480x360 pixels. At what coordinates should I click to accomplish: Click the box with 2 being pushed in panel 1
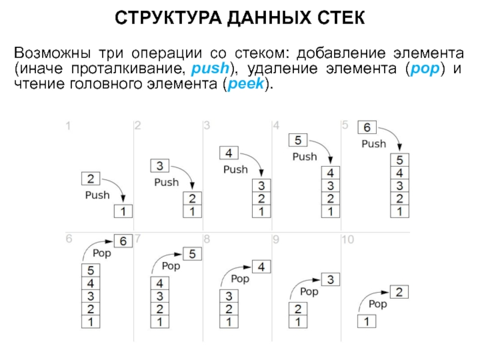point(90,178)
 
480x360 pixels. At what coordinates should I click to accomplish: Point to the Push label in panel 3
point(235,169)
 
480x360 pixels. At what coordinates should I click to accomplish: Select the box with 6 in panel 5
point(367,127)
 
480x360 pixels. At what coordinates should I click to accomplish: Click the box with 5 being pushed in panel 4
point(299,140)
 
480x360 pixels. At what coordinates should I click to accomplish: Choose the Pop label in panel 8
point(240,279)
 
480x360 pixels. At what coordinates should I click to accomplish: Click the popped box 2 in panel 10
point(400,292)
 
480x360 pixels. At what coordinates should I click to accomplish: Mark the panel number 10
point(348,240)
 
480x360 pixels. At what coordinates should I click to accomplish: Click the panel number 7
point(138,239)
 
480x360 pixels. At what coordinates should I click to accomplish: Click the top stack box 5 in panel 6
point(91,269)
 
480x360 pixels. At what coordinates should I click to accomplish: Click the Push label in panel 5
point(373,144)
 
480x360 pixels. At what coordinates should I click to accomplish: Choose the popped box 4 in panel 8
point(262,266)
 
